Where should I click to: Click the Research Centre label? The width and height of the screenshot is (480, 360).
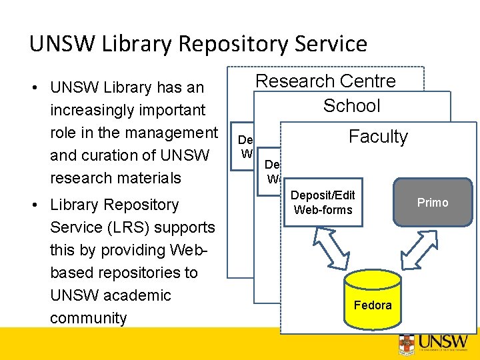325,81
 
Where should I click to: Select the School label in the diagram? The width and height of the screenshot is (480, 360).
351,105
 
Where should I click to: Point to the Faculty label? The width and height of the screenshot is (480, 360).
378,137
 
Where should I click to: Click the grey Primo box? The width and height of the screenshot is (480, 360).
433,203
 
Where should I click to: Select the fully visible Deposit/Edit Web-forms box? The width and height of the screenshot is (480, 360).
323,203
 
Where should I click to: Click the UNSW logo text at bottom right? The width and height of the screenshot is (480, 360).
441,342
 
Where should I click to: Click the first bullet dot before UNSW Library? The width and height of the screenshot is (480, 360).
38,88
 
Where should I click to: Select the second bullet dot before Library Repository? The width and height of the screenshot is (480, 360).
38,205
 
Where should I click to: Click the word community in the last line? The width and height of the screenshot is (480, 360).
88,318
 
